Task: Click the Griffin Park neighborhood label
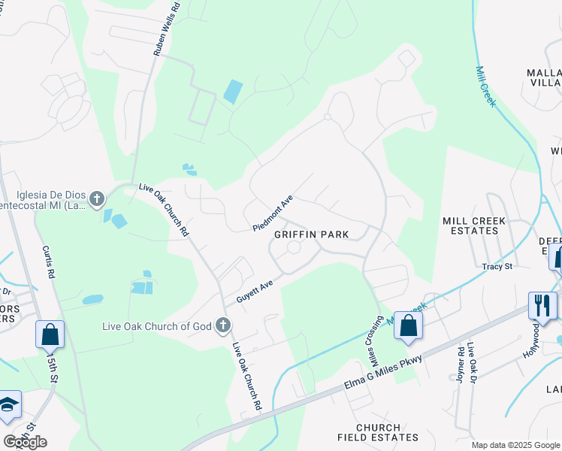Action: [x=311, y=235]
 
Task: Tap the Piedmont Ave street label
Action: [x=272, y=213]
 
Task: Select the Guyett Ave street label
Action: [x=255, y=290]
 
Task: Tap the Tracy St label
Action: [x=497, y=267]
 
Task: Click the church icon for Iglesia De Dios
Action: [x=96, y=199]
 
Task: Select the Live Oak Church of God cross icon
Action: [x=222, y=325]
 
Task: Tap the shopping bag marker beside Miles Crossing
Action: [x=408, y=325]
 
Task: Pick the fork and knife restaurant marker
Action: [x=542, y=305]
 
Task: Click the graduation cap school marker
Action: [x=8, y=405]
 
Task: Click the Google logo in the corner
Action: [x=25, y=441]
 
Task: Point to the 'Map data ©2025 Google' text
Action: [x=515, y=445]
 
